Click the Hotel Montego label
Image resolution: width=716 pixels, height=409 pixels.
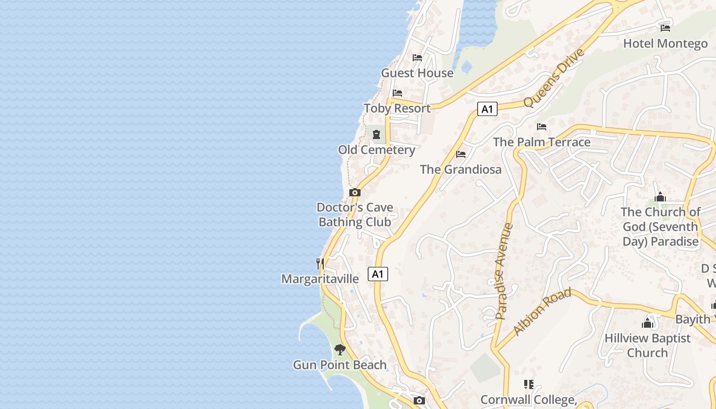[665, 43]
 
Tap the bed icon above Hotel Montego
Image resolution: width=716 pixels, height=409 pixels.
[665, 28]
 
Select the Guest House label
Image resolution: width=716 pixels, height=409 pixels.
[417, 73]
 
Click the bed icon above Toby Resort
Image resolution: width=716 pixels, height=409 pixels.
[397, 93]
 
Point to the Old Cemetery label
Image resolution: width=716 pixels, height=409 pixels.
[376, 150]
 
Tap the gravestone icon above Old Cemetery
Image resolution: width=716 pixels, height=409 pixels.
[376, 134]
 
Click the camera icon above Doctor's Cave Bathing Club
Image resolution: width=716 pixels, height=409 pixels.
[355, 192]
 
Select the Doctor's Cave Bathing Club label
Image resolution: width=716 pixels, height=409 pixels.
[355, 215]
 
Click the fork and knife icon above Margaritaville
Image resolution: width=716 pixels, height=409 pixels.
[320, 263]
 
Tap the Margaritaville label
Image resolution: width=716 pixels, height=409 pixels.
[320, 279]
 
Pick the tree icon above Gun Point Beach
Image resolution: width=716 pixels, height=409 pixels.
[340, 350]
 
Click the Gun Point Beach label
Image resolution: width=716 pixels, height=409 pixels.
[340, 365]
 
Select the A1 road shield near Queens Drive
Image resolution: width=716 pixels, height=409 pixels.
[487, 109]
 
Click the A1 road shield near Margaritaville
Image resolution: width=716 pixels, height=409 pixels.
[377, 274]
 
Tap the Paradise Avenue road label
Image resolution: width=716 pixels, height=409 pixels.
[504, 271]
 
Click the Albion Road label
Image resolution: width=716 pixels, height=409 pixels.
[542, 312]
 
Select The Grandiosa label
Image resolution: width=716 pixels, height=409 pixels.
[461, 170]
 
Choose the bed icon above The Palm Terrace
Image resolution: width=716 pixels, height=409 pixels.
[542, 127]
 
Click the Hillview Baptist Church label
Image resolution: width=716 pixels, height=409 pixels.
[647, 345]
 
